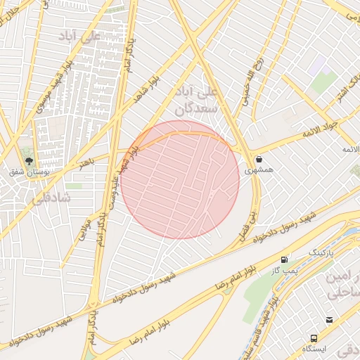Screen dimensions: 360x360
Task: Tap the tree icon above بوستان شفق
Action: tap(29, 160)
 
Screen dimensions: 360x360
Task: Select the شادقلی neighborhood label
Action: tap(51, 198)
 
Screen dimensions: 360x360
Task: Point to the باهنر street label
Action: tap(85, 163)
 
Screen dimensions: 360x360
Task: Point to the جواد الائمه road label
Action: tap(321, 128)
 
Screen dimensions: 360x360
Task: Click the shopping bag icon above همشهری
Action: tap(259, 159)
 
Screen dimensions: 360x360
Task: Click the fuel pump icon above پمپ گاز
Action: tap(284, 259)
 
